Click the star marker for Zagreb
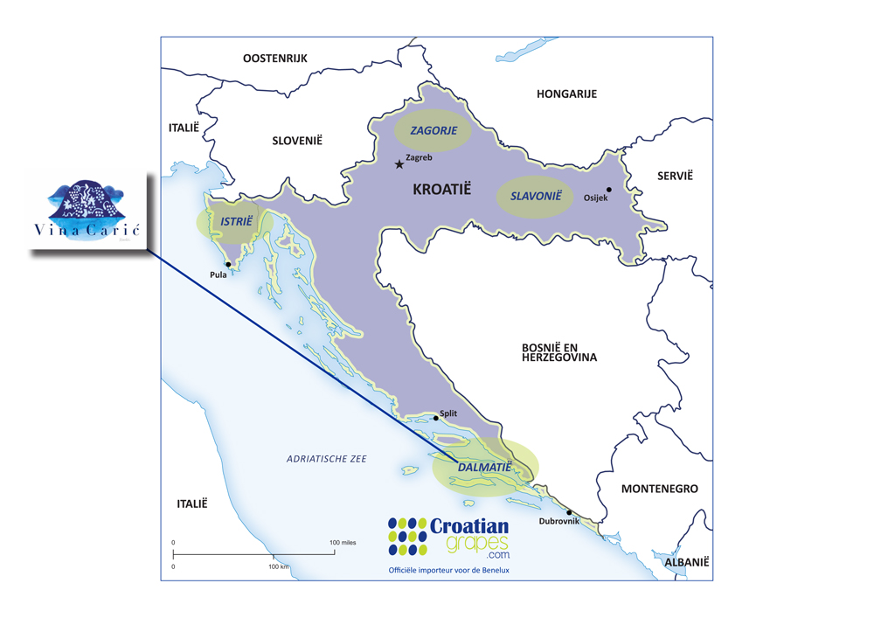399,163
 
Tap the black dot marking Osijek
609,190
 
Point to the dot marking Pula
228,264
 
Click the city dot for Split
436,419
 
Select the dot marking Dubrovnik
569,512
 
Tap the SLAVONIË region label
535,196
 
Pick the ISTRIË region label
236,222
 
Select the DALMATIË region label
484,468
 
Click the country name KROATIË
440,188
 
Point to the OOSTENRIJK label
275,58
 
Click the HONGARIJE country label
566,94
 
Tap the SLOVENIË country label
297,140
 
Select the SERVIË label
675,176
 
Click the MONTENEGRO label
659,489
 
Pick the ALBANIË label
686,563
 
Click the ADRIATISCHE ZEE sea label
327,459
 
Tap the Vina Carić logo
87,212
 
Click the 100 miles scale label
343,543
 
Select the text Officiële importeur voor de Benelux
448,570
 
